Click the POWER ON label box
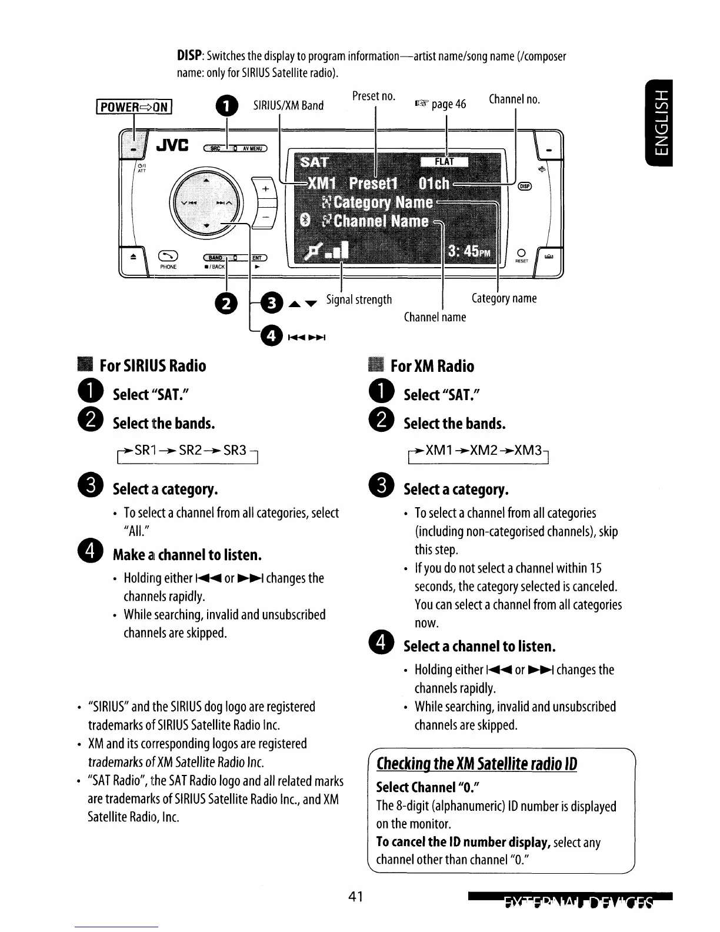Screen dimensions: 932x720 click(135, 106)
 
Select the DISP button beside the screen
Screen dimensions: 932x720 click(524, 187)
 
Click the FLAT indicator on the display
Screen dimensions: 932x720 click(444, 162)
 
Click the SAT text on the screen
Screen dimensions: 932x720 click(315, 162)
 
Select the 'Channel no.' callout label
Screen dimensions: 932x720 click(514, 99)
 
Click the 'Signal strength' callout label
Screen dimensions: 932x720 click(359, 299)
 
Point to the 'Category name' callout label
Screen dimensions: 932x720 click(504, 298)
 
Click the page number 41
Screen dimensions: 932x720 click(355, 897)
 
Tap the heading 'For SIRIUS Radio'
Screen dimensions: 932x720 click(153, 366)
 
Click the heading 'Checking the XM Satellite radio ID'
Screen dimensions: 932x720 click(476, 764)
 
